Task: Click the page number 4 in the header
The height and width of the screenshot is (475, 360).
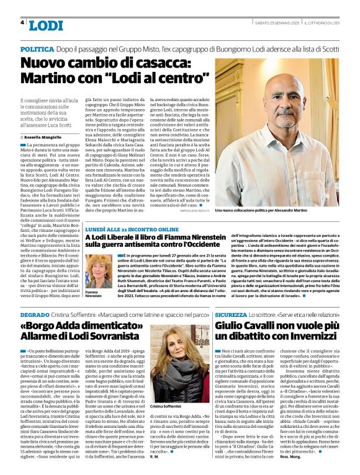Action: click(22, 23)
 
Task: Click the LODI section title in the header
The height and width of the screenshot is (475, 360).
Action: click(45, 25)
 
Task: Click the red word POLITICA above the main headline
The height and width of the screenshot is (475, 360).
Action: click(36, 48)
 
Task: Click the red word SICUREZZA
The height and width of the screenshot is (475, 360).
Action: click(232, 315)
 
